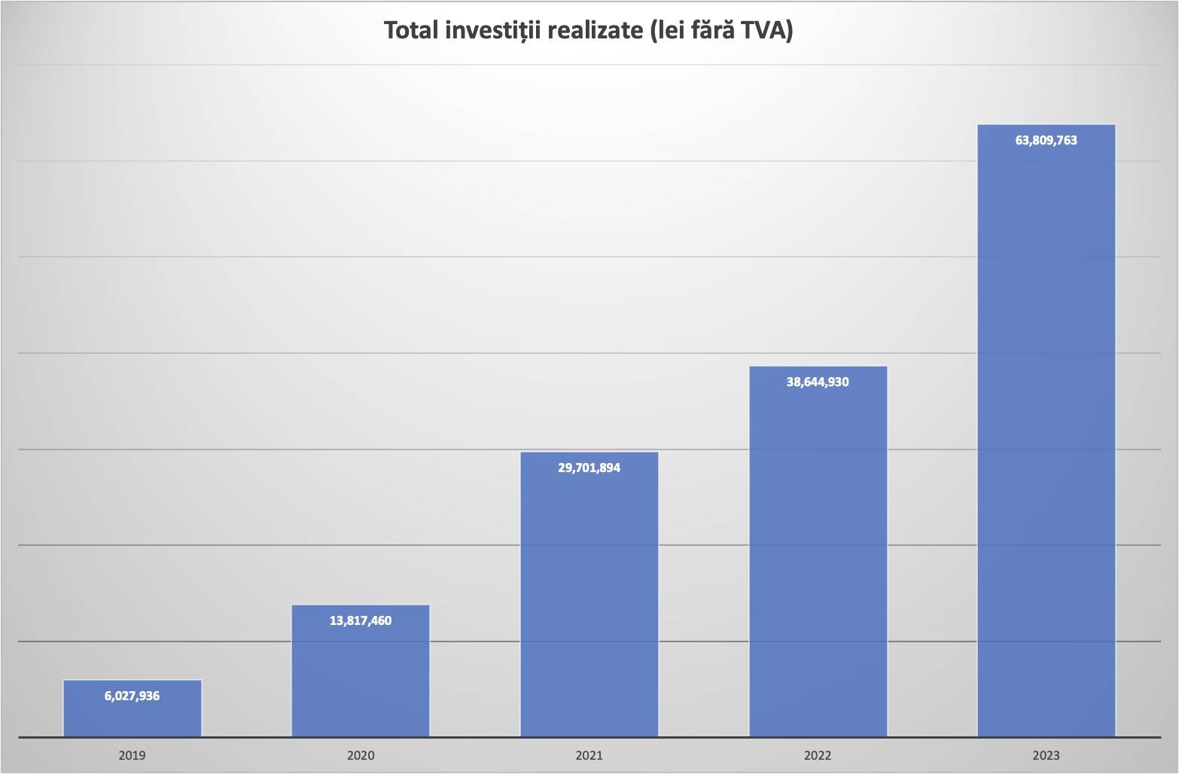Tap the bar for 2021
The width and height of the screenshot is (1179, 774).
[589, 602]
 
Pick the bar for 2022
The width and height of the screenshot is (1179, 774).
[818, 557]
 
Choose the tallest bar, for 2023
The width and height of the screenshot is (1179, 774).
[1046, 437]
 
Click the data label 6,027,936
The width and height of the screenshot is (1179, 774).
[132, 696]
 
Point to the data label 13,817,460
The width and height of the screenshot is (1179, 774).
[361, 621]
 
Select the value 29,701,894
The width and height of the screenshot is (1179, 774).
[589, 468]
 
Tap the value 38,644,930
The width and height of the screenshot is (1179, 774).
[818, 382]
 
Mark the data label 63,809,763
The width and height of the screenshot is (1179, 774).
[1046, 140]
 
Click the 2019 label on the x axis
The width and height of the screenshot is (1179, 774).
[132, 755]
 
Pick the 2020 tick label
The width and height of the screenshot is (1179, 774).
[361, 755]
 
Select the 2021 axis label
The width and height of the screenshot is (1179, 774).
[589, 755]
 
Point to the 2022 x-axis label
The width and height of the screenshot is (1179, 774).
[818, 755]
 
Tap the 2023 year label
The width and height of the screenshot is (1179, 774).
[1046, 755]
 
